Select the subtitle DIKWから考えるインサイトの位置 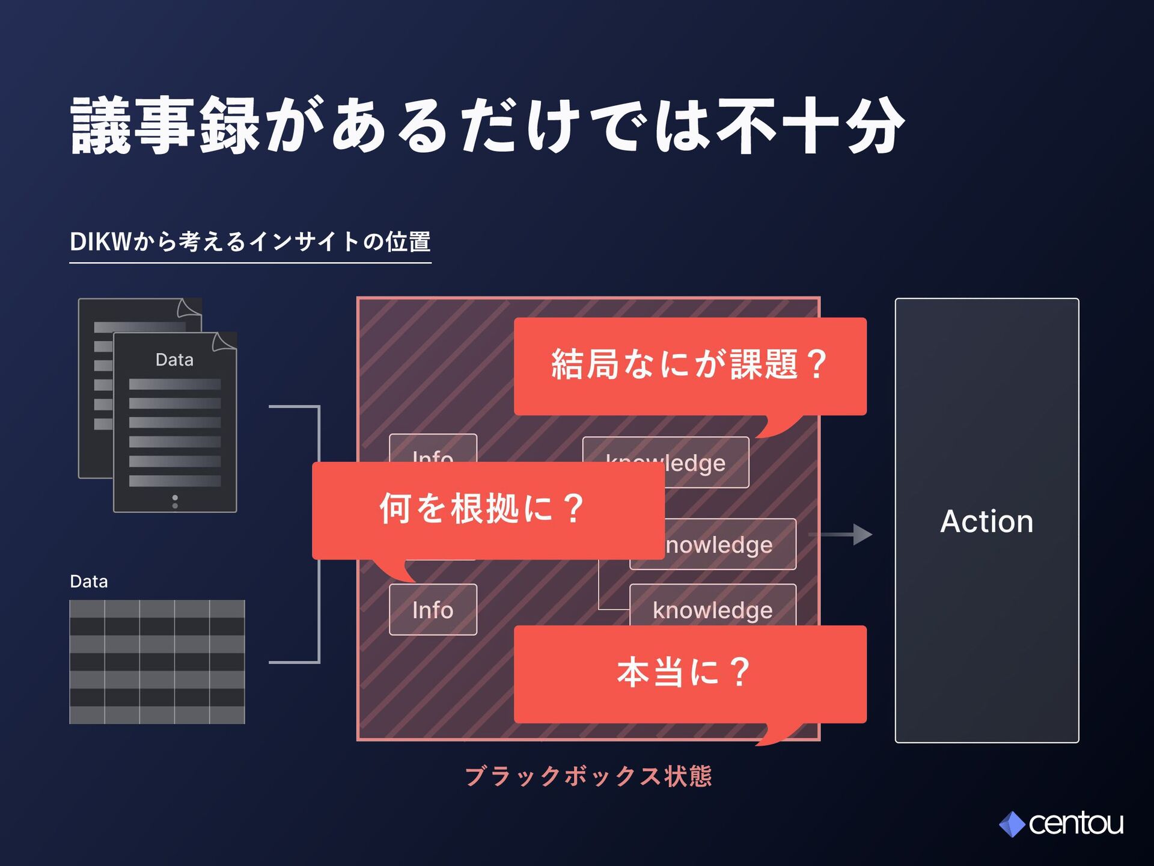pyautogui.click(x=250, y=242)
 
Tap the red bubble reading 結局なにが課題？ pyautogui.click(x=690, y=366)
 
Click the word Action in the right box pyautogui.click(x=986, y=521)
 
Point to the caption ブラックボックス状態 pyautogui.click(x=588, y=776)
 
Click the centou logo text pyautogui.click(x=1075, y=824)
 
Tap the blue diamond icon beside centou pyautogui.click(x=1012, y=825)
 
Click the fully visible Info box pyautogui.click(x=433, y=610)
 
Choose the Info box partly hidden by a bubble pyautogui.click(x=433, y=449)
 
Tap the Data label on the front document pyautogui.click(x=174, y=360)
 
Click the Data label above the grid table pyautogui.click(x=89, y=582)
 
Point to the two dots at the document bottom pyautogui.click(x=175, y=502)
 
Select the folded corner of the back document pyautogui.click(x=189, y=308)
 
